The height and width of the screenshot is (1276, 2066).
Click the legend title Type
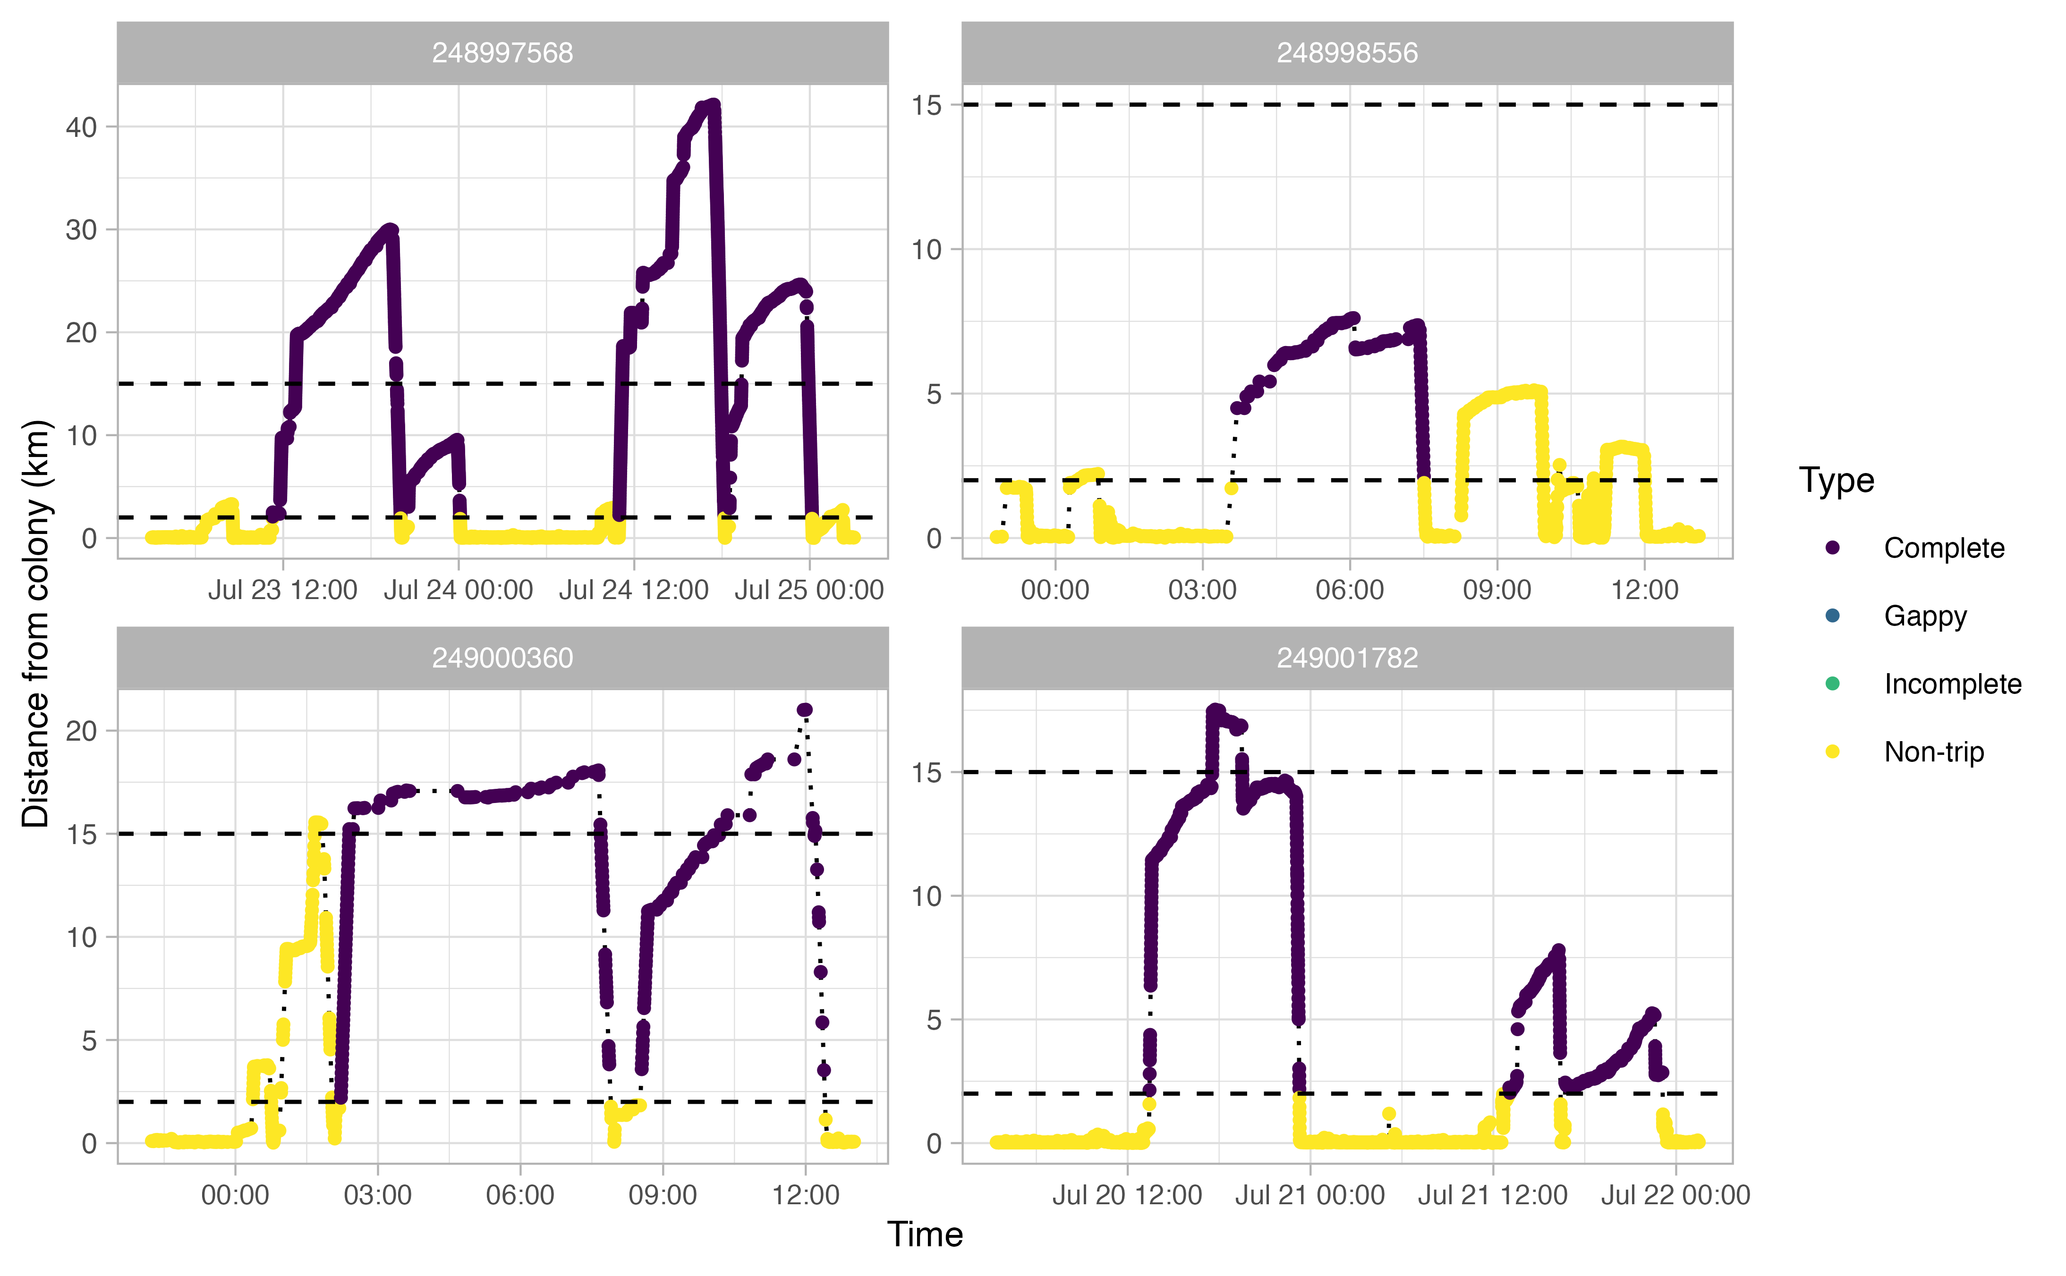[1836, 480]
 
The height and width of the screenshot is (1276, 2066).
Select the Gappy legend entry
[1925, 616]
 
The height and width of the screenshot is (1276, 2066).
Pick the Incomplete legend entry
[1952, 684]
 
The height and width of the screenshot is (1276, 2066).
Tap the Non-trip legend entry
[1933, 752]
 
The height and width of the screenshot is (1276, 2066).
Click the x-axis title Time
[925, 1234]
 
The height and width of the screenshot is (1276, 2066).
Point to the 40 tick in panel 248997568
[82, 127]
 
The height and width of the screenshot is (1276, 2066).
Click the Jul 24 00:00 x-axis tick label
[458, 590]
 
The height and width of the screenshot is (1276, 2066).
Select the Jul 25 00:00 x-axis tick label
[809, 590]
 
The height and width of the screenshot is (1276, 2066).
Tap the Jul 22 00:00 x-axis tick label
[1675, 1195]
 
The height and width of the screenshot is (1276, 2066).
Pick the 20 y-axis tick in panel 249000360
[82, 731]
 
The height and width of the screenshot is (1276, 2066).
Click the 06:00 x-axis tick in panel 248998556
[1350, 590]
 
